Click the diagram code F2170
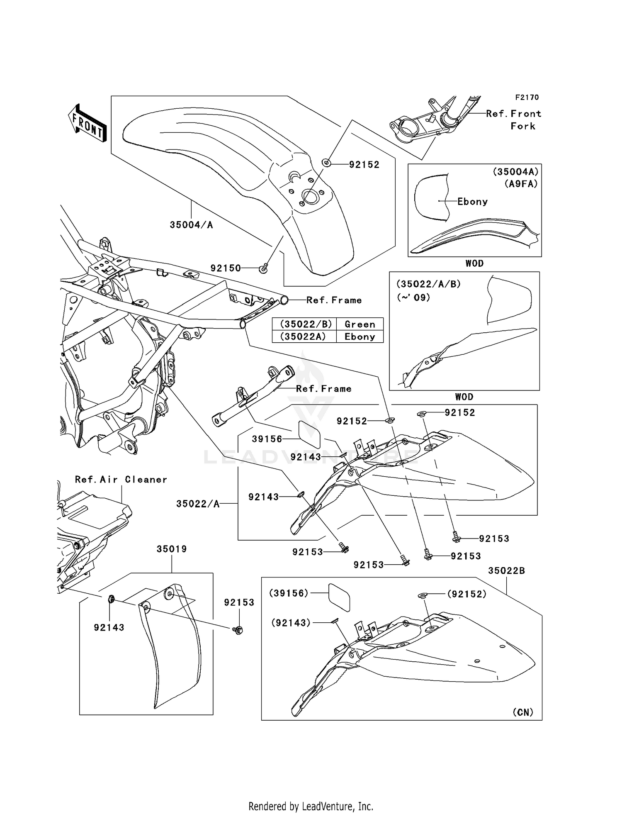(527, 97)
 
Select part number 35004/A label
(191, 225)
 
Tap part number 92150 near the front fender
(226, 268)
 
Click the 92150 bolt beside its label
(263, 269)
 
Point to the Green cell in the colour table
(360, 324)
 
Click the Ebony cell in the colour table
(360, 336)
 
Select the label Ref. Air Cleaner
(121, 480)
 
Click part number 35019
(172, 549)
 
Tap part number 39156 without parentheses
(267, 439)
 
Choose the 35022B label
(506, 570)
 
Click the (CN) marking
(523, 712)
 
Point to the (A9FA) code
(521, 184)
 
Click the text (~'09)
(413, 297)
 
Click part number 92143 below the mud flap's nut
(109, 628)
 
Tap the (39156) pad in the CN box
(339, 597)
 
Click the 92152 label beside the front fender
(364, 165)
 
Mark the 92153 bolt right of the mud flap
(238, 630)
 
